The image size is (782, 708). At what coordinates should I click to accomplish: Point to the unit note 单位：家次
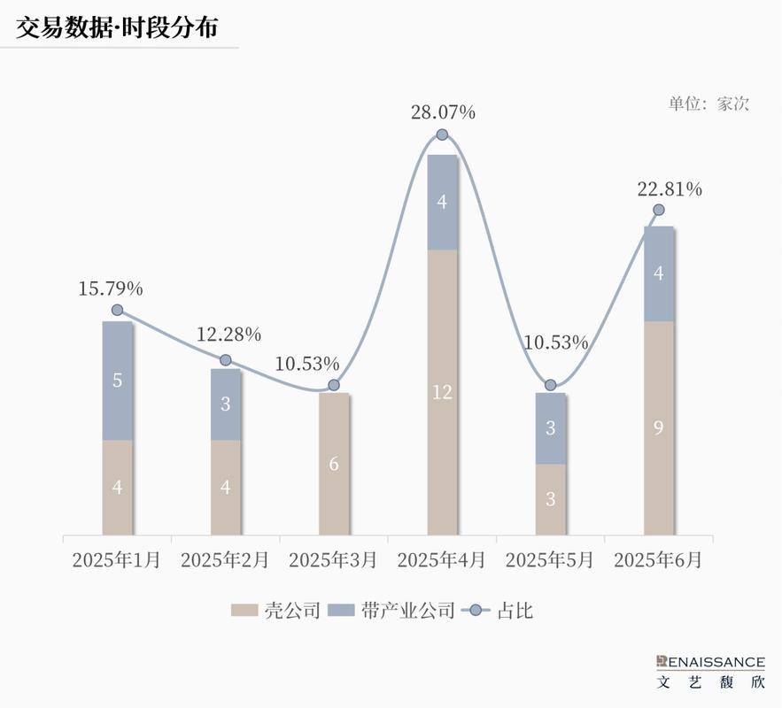708,104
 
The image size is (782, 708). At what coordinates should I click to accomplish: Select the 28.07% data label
443,112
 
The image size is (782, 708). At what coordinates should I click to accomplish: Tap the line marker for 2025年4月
442,135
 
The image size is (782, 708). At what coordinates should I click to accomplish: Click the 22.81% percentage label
670,189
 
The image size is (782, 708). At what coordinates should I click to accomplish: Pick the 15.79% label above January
111,289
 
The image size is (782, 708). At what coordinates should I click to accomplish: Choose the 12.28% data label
228,335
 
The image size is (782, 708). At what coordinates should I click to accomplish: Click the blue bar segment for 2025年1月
118,381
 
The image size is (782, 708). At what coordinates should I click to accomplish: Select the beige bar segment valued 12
442,392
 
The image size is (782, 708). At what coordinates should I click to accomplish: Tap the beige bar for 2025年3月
334,464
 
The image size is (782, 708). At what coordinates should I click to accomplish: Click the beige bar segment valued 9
659,427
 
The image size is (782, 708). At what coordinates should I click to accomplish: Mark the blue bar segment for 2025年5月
550,428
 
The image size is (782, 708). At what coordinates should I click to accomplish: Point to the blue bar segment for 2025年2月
226,404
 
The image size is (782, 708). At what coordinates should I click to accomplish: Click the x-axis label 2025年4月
441,560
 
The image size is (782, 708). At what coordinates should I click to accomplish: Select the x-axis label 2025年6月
657,560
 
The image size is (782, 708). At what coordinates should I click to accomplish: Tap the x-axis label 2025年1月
116,560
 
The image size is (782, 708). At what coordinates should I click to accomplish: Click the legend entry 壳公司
275,610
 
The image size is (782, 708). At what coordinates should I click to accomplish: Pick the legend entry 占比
500,610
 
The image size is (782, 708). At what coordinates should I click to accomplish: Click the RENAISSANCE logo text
711,661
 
